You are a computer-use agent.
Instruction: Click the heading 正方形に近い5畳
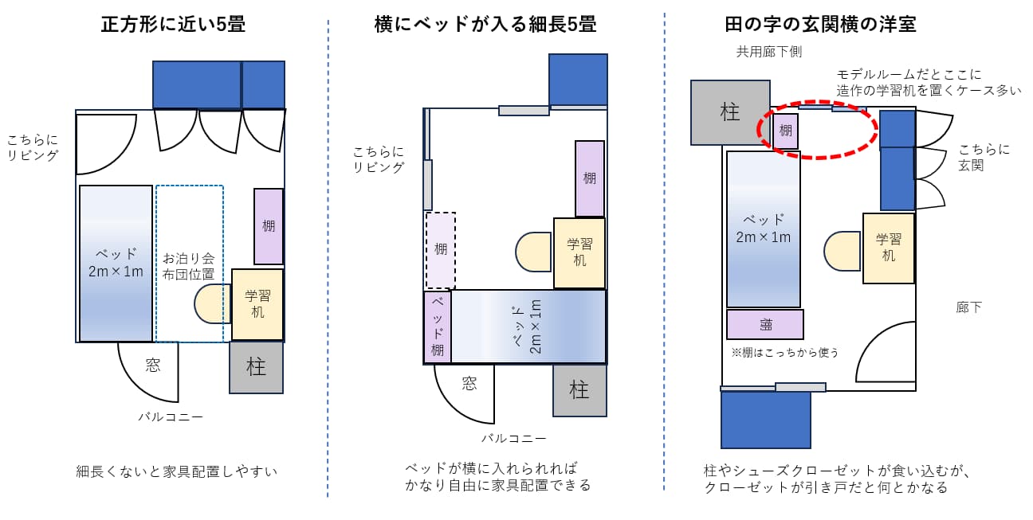click(x=173, y=25)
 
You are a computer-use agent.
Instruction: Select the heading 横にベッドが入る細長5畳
click(x=485, y=25)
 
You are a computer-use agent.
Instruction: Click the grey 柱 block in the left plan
click(x=256, y=367)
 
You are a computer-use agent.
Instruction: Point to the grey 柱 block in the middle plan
click(x=579, y=390)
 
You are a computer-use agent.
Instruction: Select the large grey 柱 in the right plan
click(x=730, y=112)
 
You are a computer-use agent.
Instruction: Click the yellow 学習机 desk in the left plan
click(x=257, y=304)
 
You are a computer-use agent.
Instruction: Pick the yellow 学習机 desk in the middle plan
click(x=579, y=252)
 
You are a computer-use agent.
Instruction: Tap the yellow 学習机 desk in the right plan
click(x=888, y=248)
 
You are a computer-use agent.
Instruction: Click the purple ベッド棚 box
click(x=438, y=326)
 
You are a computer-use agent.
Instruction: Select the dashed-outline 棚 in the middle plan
click(x=441, y=250)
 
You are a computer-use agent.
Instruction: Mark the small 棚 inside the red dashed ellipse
click(x=786, y=131)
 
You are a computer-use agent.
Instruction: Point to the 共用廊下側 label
click(x=768, y=52)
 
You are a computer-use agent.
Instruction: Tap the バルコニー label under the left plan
click(x=171, y=416)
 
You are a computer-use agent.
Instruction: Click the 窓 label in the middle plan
click(x=469, y=384)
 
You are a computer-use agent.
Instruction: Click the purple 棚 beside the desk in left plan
click(x=269, y=226)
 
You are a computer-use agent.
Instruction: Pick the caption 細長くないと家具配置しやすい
click(x=177, y=471)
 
